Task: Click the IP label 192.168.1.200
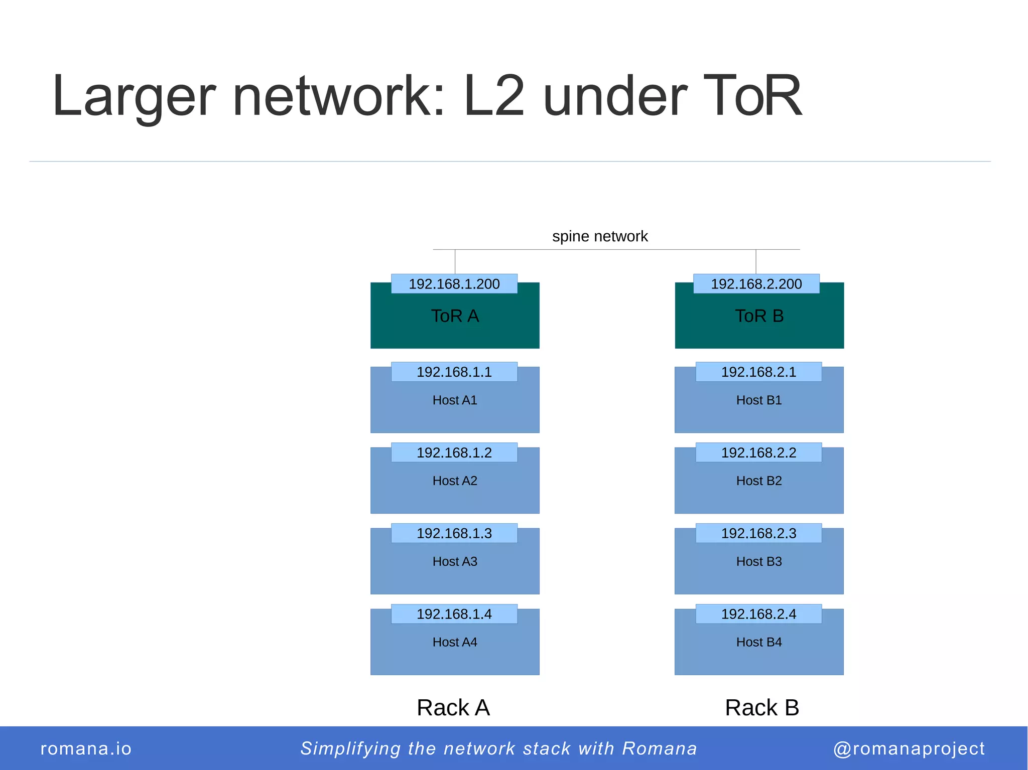pos(454,284)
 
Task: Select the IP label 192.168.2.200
pos(756,284)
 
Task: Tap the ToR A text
pos(455,316)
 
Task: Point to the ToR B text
pos(759,316)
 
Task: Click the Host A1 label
pos(455,400)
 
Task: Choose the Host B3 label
pos(759,562)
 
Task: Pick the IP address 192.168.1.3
pos(454,533)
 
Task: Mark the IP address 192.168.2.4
pos(758,614)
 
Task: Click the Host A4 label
pos(455,642)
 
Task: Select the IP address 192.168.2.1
pos(758,372)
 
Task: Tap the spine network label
pos(600,236)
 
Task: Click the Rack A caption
pos(453,708)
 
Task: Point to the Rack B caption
pos(761,708)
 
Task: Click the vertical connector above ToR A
pos(455,261)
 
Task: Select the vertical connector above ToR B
pos(756,261)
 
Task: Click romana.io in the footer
pos(86,748)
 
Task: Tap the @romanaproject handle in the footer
pos(909,748)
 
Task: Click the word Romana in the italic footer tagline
pos(660,748)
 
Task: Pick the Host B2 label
pos(759,481)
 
